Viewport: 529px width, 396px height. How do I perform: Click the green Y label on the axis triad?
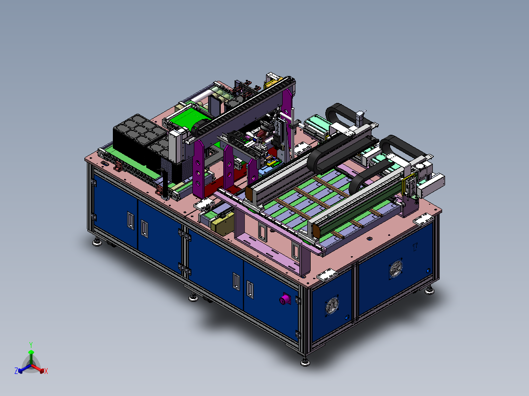point(31,345)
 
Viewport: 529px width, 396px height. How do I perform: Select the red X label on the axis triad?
point(46,371)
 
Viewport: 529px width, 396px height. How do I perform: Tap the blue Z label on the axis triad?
point(16,371)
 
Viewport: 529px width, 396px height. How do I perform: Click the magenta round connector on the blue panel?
point(285,299)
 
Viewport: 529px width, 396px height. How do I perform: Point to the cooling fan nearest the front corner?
point(332,305)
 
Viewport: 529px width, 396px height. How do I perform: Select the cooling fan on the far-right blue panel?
point(396,269)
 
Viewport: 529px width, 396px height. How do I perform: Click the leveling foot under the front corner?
point(305,362)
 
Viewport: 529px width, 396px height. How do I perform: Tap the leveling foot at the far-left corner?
point(97,242)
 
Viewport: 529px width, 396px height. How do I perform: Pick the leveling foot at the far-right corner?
point(429,291)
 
